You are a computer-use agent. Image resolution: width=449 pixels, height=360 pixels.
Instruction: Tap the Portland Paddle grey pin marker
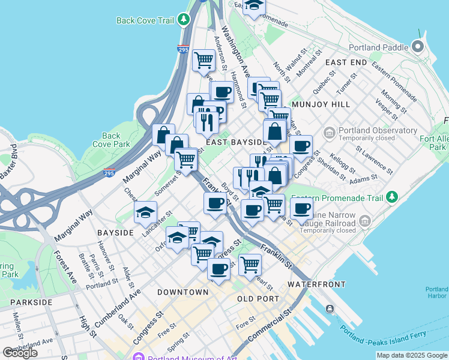tap(418, 47)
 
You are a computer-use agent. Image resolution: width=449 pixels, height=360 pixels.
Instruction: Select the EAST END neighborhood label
tap(346, 62)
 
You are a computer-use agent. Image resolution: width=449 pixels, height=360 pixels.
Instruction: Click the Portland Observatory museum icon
tap(328, 131)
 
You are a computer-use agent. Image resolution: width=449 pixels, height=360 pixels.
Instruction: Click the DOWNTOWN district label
tap(182, 292)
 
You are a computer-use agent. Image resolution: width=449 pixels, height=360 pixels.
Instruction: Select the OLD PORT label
tap(258, 298)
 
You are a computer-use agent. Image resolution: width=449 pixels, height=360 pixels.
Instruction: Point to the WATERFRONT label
tap(316, 283)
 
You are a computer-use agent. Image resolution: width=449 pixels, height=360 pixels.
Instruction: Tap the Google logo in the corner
tap(20, 353)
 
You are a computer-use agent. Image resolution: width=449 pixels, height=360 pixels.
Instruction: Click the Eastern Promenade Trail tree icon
tap(392, 196)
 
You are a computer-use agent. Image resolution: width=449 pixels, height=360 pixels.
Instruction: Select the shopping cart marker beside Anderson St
tap(203, 59)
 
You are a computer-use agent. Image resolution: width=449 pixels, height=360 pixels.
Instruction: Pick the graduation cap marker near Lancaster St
tap(145, 212)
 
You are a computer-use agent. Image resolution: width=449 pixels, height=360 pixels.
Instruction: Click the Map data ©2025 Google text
tap(411, 355)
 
